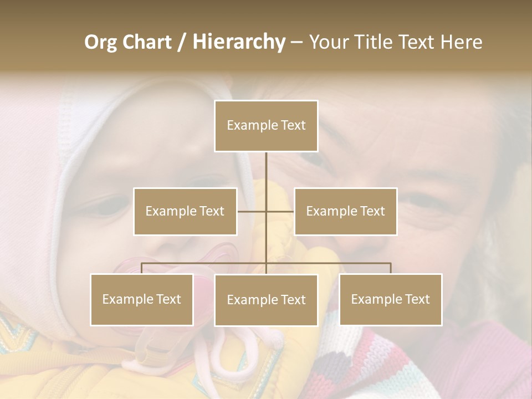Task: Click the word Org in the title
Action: [102, 42]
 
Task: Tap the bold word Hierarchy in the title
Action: [239, 42]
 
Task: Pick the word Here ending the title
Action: [461, 42]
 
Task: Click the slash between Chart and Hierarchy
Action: [182, 42]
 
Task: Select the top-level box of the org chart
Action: [266, 126]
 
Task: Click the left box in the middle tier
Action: [185, 211]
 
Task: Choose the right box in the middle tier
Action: [345, 211]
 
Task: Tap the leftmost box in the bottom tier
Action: [141, 299]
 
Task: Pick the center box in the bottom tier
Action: [266, 300]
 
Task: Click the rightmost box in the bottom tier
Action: [390, 299]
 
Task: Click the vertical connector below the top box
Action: [266, 172]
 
